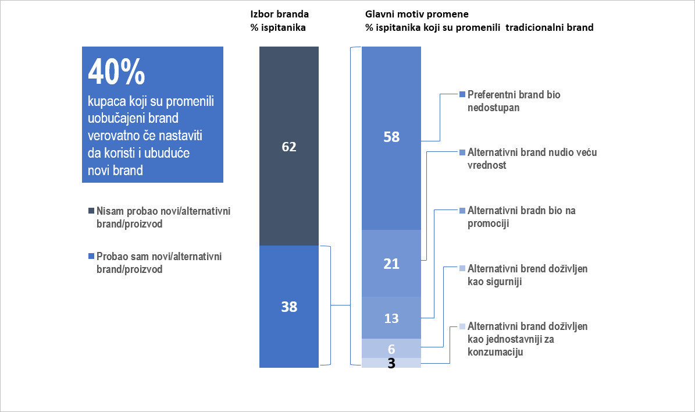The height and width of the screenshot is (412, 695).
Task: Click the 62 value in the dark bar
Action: pos(289,147)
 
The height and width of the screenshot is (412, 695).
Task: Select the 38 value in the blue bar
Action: pos(289,307)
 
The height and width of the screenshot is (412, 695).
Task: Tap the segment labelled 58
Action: pos(391,138)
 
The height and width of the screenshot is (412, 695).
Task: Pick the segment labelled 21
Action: pos(391,264)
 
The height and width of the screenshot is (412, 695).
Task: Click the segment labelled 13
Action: pos(391,318)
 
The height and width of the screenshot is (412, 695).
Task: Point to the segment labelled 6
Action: pos(391,349)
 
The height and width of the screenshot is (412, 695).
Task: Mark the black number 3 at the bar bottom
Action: pos(391,363)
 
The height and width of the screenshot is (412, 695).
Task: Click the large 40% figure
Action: pos(116,72)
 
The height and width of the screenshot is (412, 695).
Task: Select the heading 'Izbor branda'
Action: pos(279,14)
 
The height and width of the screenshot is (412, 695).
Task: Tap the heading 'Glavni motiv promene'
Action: pos(416,14)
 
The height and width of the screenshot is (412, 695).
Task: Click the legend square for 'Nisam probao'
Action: pos(91,211)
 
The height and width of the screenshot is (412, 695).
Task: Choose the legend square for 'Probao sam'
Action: pos(91,256)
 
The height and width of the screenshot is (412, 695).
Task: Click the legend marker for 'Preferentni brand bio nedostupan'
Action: pos(462,94)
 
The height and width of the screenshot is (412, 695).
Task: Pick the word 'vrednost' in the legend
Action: pos(487,165)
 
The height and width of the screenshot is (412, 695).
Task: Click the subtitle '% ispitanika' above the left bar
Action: pos(278,28)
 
